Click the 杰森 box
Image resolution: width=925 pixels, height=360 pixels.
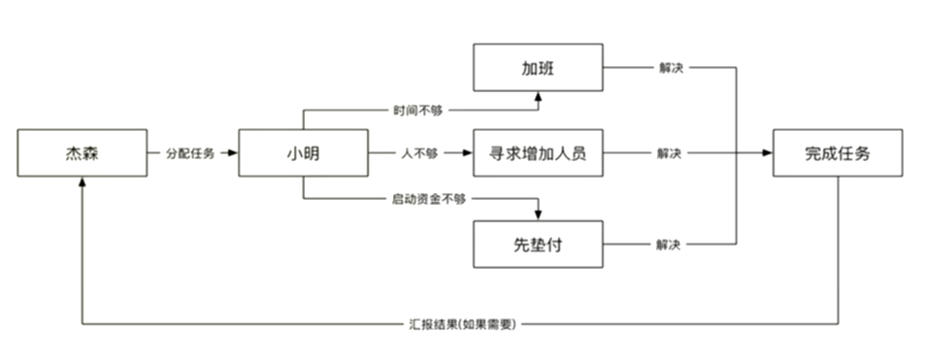point(82,153)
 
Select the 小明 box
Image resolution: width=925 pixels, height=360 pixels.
point(303,153)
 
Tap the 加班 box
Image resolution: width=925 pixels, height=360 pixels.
point(538,68)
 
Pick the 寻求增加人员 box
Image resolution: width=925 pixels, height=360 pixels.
point(538,153)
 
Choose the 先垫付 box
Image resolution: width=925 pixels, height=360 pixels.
point(538,244)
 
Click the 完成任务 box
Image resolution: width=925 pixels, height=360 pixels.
point(838,153)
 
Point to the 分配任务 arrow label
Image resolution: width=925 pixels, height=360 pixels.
point(190,153)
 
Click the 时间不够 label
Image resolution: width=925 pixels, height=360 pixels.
point(417,110)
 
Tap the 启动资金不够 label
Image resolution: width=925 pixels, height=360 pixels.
point(428,200)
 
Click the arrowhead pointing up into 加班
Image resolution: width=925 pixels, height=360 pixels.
point(538,95)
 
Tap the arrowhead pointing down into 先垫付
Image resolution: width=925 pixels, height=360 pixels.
point(538,215)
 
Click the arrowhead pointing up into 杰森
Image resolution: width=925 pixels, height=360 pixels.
point(82,182)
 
